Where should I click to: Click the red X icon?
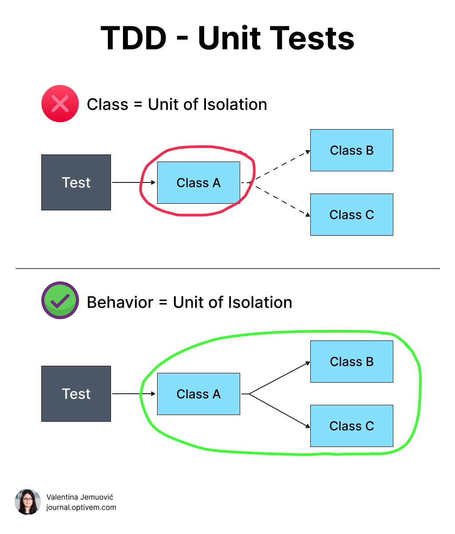pos(60,104)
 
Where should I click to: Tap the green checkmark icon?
pos(60,301)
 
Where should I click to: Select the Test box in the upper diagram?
pos(76,182)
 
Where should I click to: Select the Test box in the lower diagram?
pos(76,394)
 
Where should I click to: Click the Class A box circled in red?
pos(198,182)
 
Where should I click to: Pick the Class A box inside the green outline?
pos(198,394)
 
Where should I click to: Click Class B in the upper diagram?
pos(352,150)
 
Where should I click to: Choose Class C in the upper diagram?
pos(352,214)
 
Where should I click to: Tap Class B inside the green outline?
pos(352,361)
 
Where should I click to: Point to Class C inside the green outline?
pos(352,426)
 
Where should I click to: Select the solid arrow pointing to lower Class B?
pos(280,378)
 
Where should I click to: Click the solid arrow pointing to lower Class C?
pos(280,410)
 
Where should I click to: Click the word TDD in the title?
pos(133,38)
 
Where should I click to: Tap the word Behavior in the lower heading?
pos(120,302)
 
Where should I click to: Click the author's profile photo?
pos(28,502)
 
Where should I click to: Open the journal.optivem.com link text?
pos(81,507)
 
